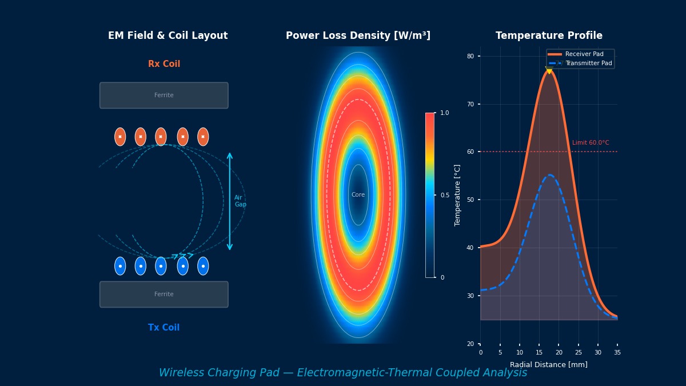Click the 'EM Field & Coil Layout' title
tap(167, 36)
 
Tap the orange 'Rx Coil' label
tap(164, 64)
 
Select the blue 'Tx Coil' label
tap(163, 328)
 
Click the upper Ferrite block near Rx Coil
tap(164, 95)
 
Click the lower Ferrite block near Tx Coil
tap(164, 295)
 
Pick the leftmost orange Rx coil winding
tap(120, 137)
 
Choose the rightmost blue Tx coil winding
tap(203, 266)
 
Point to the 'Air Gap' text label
tap(240, 201)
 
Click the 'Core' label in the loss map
tap(358, 195)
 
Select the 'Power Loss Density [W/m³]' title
tap(358, 36)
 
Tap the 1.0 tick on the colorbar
tap(444, 113)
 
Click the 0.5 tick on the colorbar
tap(444, 195)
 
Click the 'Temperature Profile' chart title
tap(549, 36)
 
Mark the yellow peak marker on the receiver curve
tap(549, 70)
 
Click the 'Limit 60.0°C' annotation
tap(591, 143)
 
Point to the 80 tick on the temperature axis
tap(470, 56)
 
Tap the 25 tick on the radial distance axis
tap(578, 353)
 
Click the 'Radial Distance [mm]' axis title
tap(548, 365)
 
